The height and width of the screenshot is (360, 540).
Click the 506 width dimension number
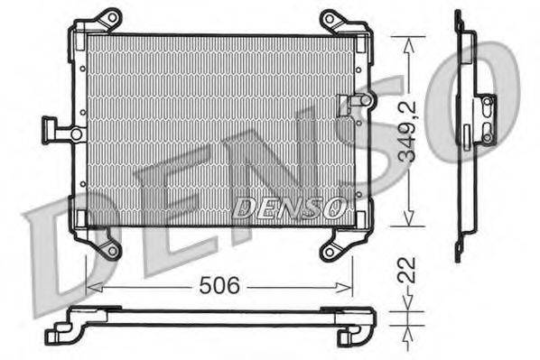(x=219, y=287)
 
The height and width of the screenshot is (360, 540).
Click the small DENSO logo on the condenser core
(x=288, y=208)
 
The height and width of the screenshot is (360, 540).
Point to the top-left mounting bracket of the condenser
(x=106, y=20)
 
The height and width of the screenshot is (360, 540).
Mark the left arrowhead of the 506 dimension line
(x=90, y=288)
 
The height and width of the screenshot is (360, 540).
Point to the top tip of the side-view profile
(x=458, y=13)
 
